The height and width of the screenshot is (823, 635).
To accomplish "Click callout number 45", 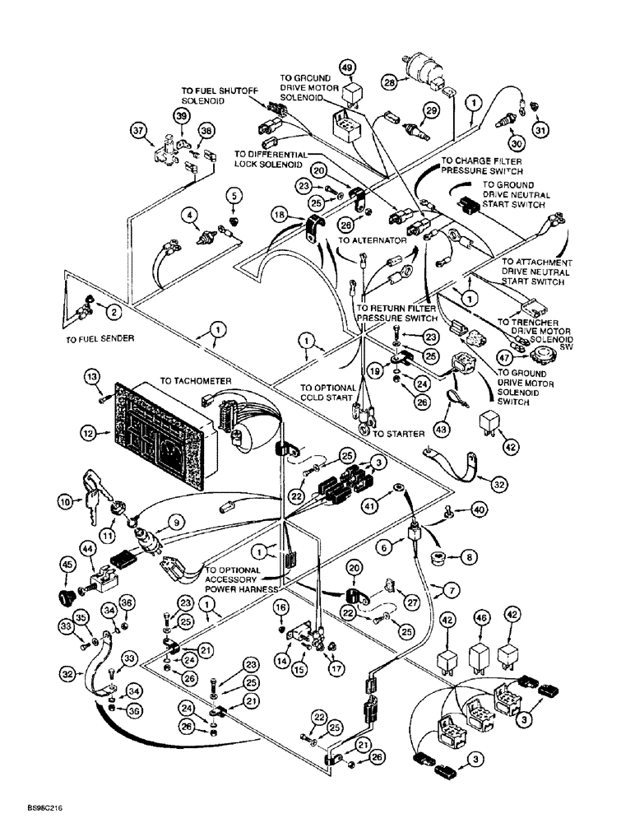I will click(x=68, y=564).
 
